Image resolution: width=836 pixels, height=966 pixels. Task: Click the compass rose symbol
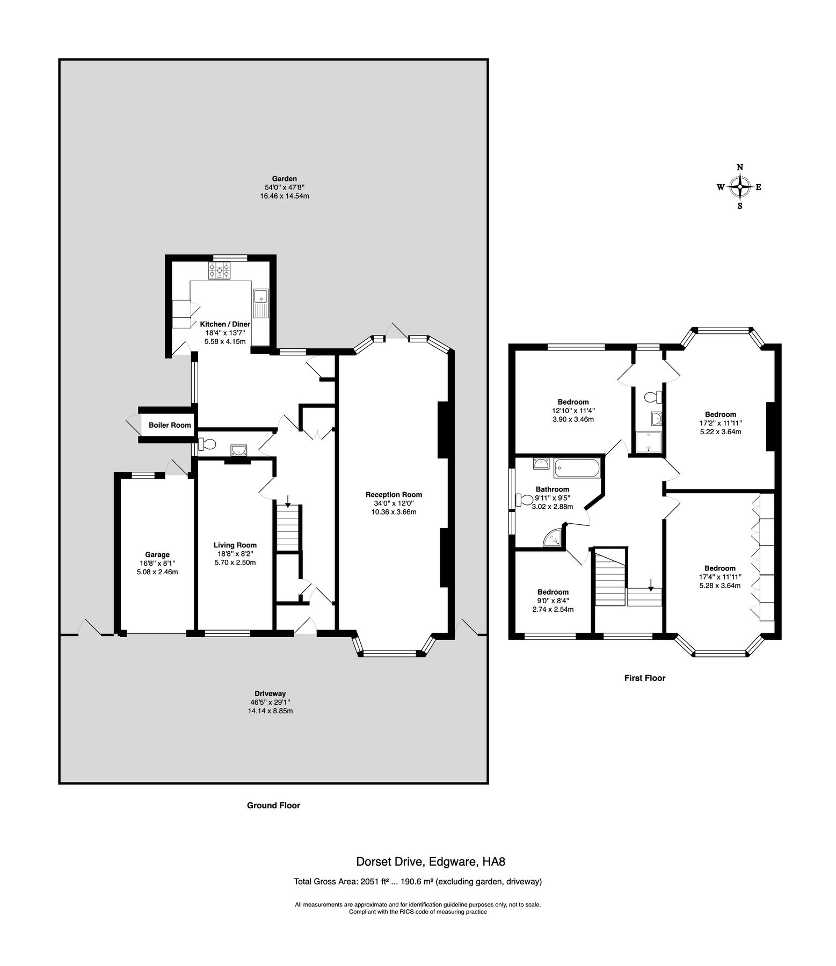click(740, 187)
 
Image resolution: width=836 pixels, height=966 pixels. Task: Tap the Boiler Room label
click(170, 425)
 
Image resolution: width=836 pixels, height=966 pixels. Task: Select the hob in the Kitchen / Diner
click(220, 270)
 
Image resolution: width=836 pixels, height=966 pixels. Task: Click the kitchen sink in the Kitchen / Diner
click(260, 302)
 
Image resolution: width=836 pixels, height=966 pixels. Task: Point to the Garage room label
click(157, 554)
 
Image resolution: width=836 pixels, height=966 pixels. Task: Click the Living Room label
click(235, 545)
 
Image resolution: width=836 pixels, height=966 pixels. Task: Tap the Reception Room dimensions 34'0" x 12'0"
click(394, 503)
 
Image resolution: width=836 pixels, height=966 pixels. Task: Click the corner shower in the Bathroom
click(554, 538)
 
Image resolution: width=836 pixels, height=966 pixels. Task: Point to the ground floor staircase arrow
click(288, 501)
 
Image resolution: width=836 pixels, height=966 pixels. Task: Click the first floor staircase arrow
click(651, 584)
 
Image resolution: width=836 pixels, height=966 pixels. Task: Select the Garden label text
click(284, 179)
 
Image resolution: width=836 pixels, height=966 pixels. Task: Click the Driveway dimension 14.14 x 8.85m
click(270, 711)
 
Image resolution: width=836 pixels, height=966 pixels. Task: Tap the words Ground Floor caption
click(273, 805)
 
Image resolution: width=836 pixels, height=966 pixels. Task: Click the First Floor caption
click(644, 678)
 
